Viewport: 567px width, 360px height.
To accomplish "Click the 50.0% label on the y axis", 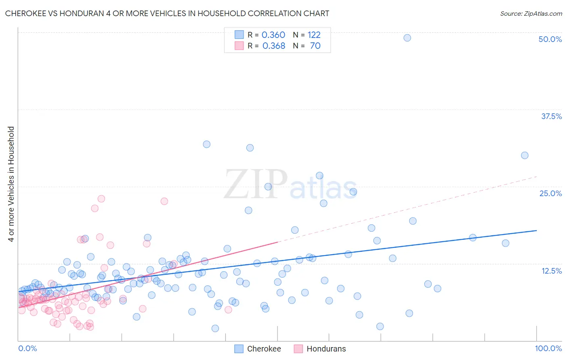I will click(550, 39).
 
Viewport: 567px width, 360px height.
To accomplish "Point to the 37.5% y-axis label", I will click(551, 116).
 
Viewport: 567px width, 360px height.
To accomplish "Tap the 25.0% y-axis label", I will click(550, 193).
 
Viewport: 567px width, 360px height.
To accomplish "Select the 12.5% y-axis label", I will click(551, 271).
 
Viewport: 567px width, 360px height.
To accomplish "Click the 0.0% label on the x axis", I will click(27, 348).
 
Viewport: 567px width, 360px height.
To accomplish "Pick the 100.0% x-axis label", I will click(548, 348).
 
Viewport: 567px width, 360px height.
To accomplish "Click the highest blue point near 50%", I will click(407, 38).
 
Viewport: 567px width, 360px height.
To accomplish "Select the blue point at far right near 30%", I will click(525, 155).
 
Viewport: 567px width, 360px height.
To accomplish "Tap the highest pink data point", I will click(101, 199).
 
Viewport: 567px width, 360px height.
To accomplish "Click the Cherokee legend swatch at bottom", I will click(239, 349).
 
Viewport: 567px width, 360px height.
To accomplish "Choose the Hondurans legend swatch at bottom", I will click(298, 349).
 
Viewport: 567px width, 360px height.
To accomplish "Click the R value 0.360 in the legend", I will click(273, 35).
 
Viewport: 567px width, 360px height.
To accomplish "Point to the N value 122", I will click(314, 35).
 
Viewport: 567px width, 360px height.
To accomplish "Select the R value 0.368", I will click(274, 46).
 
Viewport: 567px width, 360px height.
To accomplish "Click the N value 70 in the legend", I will click(315, 46).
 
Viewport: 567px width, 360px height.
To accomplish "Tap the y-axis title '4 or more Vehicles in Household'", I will click(11, 184).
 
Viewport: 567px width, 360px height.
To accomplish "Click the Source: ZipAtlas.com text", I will click(531, 13).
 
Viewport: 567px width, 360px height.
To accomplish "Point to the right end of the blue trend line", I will click(536, 230).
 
